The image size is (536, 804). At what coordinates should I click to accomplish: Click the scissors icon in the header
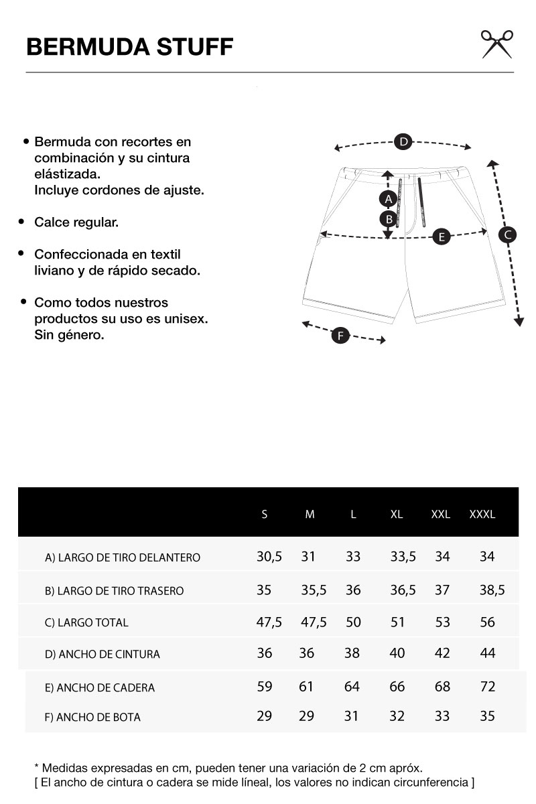(496, 44)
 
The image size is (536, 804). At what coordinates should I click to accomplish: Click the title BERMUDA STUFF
(129, 48)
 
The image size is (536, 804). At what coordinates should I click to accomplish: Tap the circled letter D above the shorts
(403, 141)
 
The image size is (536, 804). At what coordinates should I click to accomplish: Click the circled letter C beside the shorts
(507, 234)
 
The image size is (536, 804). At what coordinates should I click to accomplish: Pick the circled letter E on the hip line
(441, 237)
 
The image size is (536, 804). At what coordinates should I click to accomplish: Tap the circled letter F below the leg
(340, 336)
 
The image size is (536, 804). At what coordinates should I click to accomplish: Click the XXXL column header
(482, 515)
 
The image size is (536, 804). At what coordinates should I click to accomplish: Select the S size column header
(265, 515)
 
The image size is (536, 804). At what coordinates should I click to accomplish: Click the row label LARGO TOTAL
(86, 622)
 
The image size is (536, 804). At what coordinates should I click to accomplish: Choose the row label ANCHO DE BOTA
(92, 717)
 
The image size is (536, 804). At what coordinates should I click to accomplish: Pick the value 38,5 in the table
(492, 590)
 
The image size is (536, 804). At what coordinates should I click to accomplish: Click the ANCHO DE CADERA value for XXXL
(488, 687)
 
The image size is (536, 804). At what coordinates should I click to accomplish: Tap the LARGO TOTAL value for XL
(397, 622)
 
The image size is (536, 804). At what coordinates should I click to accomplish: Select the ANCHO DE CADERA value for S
(265, 687)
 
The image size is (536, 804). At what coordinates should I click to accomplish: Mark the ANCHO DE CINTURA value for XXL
(442, 653)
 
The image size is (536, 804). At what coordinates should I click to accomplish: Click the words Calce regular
(76, 222)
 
